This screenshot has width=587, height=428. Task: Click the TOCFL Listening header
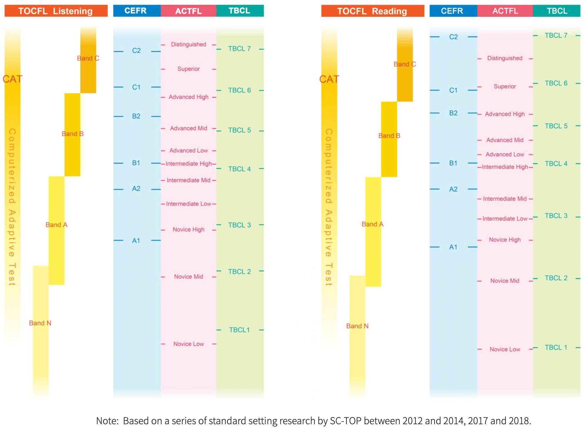56,11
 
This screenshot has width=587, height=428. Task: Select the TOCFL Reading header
372,11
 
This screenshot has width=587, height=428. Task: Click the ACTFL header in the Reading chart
505,11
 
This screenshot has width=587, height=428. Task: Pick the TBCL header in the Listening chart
240,11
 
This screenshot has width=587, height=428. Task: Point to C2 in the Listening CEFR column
136,51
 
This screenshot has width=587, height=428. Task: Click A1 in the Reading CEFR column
453,247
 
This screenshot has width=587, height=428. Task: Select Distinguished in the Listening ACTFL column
189,44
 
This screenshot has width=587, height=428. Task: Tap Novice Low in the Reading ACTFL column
505,349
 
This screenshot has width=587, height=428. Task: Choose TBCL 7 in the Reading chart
556,36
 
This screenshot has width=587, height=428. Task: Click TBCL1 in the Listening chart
239,330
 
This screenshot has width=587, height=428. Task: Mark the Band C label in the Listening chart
88,58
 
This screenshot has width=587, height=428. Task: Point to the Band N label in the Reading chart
357,326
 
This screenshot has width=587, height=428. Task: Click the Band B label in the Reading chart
389,136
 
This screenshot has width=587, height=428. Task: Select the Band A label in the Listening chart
57,225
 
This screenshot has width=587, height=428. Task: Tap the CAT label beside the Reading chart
329,79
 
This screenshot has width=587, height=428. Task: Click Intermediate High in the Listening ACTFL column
189,164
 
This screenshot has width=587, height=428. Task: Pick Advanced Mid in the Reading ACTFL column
505,140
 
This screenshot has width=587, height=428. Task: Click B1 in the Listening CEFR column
136,163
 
